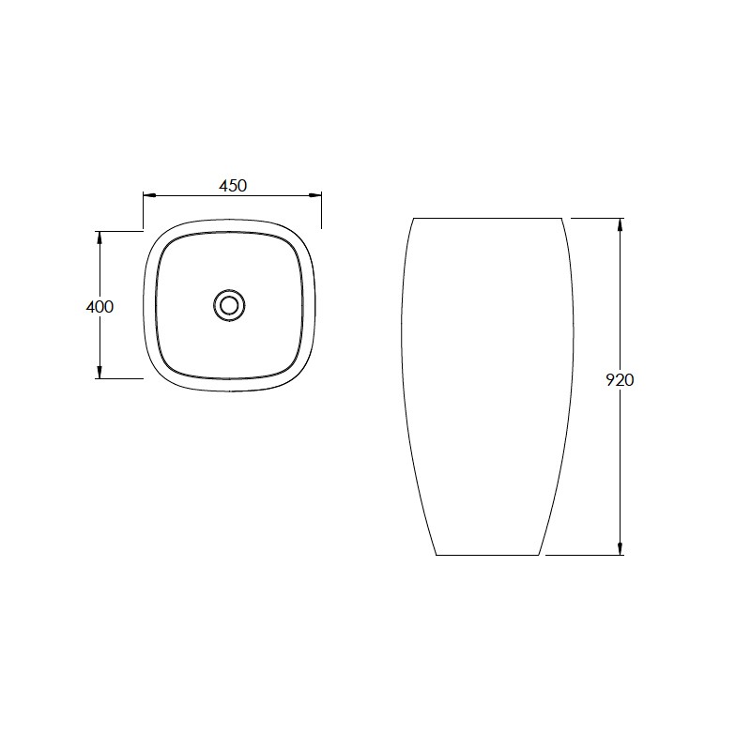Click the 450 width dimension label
click(x=233, y=185)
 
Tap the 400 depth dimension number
click(x=100, y=307)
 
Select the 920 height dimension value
click(x=620, y=380)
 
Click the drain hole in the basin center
click(x=229, y=305)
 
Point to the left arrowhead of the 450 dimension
click(x=150, y=195)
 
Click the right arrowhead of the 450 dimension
click(x=314, y=195)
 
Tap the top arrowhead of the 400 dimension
click(x=100, y=238)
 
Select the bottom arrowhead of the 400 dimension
click(x=100, y=372)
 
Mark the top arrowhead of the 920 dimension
click(x=621, y=225)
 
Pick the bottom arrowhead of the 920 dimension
click(x=621, y=548)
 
